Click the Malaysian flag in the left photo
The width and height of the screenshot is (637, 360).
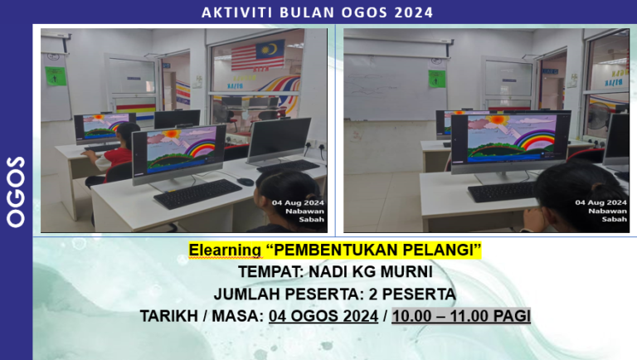point(257,56)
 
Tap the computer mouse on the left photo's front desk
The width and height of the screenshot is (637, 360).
point(246,181)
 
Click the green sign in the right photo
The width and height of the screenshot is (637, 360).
point(436,80)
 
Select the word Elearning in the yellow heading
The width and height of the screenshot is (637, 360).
point(221,250)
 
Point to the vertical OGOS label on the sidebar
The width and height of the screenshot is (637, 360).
point(16,190)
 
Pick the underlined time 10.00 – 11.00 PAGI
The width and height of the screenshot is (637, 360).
point(461,316)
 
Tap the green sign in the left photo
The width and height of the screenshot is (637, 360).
point(53,75)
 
